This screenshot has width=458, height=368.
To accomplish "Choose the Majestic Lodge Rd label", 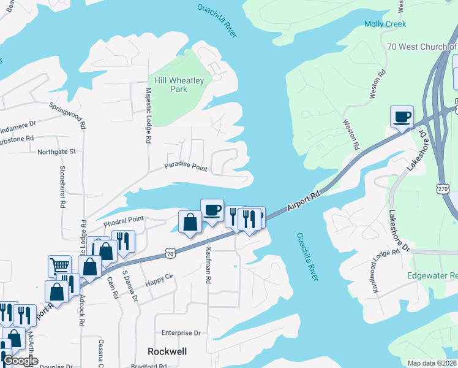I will [148, 115].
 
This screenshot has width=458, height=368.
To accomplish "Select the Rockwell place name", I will [167, 351].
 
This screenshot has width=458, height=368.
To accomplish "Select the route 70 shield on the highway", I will [170, 252].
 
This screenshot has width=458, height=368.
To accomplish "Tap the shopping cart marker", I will [59, 265].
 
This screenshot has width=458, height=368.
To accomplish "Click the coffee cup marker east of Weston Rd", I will [402, 116].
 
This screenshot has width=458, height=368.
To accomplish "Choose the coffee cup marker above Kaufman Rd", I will [212, 209].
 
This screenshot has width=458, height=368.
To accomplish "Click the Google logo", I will [20, 361].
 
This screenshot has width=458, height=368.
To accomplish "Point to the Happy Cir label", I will [160, 281].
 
